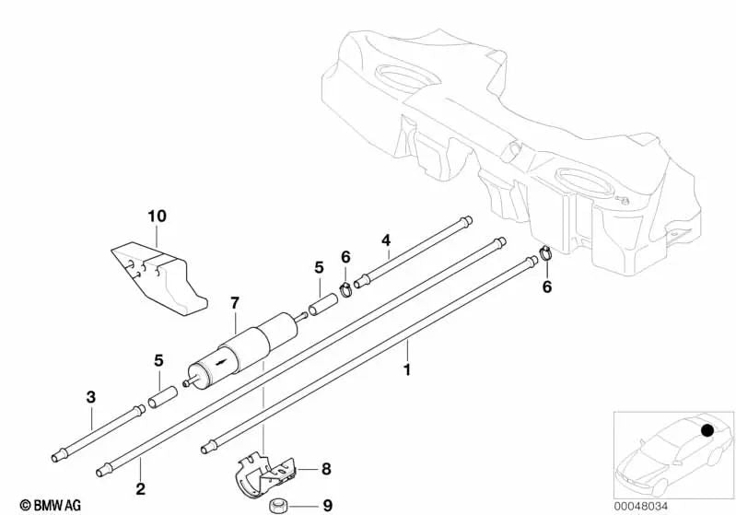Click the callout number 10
pyautogui.click(x=157, y=217)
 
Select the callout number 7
pyautogui.click(x=235, y=302)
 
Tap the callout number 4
pyautogui.click(x=387, y=241)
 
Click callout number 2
pyautogui.click(x=140, y=488)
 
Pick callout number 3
pyautogui.click(x=90, y=397)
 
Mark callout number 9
pyautogui.click(x=327, y=504)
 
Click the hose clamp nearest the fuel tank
pyautogui.click(x=544, y=253)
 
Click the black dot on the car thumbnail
pyautogui.click(x=707, y=430)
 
